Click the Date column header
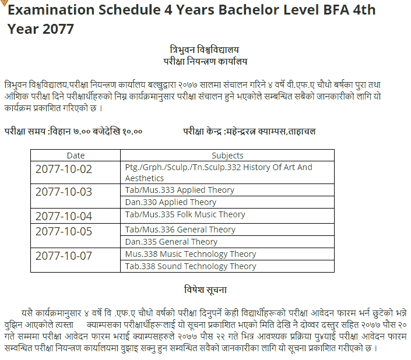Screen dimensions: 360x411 (76, 155)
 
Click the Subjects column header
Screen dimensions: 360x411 (227, 155)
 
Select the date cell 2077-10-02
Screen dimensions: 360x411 (64, 170)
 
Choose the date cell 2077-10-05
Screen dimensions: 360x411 (64, 232)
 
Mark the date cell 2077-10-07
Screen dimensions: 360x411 (64, 256)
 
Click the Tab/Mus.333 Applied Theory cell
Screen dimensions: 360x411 (180, 190)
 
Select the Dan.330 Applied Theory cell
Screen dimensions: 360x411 (171, 202)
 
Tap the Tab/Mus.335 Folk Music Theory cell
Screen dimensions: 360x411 (185, 214)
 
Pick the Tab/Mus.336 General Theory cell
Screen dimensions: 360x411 (180, 230)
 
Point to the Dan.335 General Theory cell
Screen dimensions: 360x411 (171, 242)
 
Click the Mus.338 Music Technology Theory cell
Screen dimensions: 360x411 (191, 254)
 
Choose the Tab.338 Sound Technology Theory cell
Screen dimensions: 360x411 (191, 266)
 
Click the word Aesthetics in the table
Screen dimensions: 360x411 (145, 178)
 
